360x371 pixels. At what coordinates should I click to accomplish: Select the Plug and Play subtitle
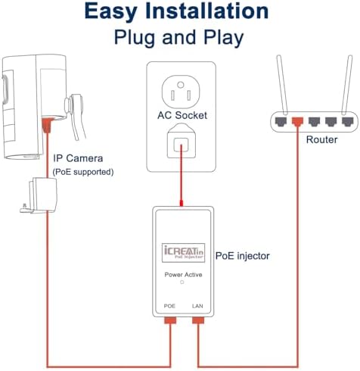coord(179,37)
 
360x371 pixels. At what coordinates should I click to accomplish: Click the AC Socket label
coord(181,116)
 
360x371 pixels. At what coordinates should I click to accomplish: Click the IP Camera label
coord(79,158)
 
